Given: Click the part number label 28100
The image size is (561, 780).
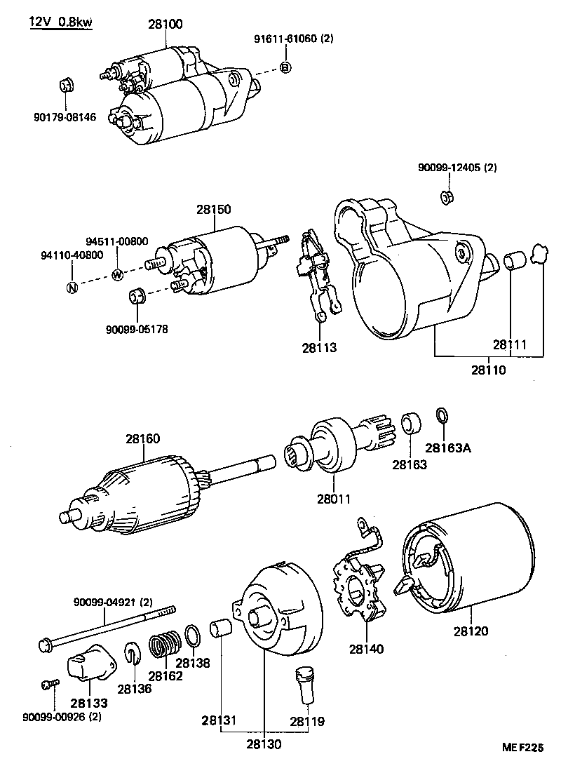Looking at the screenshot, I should (165, 24).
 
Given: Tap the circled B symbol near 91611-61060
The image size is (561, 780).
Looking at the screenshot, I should (285, 67).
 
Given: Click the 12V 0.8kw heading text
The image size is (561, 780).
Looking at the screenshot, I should (60, 22).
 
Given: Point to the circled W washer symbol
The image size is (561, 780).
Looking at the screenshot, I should (118, 274).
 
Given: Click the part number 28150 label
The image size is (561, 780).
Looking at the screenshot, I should (213, 209).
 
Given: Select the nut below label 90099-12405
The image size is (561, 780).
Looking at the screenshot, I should (445, 196).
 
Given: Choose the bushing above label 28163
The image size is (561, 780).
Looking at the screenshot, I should (410, 424).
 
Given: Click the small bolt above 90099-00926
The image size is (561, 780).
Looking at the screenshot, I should (48, 684).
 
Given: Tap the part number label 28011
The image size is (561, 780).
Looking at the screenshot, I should (333, 499).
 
